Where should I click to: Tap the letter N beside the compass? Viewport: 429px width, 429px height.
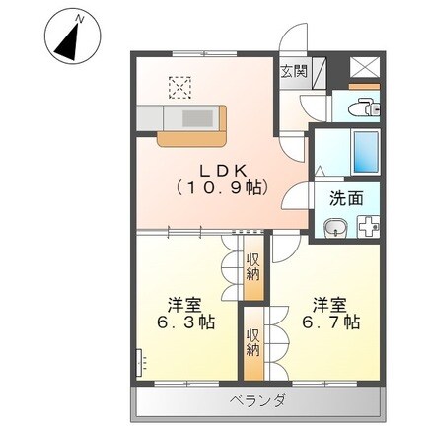click(x=80, y=17)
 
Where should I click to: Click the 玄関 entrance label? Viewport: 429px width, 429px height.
click(x=293, y=71)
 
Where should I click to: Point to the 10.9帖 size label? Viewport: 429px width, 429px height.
click(x=221, y=185)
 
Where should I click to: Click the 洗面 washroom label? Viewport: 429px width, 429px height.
click(x=346, y=197)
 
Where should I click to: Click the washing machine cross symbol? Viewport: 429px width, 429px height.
click(x=367, y=228)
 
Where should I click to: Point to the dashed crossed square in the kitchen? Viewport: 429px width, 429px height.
click(x=180, y=88)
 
